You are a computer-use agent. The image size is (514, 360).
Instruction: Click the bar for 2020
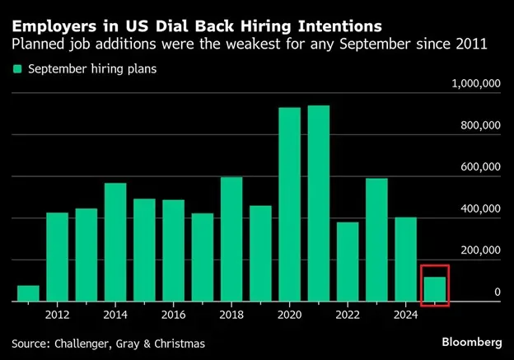[x=289, y=205]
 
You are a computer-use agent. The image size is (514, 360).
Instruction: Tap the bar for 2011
[x=29, y=294]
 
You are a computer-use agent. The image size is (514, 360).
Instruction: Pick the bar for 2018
[x=231, y=240]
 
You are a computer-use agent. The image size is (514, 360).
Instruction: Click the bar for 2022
[x=348, y=262]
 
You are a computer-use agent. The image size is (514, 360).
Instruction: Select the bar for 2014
[x=115, y=242]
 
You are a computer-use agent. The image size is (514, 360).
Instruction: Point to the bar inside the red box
[x=435, y=289]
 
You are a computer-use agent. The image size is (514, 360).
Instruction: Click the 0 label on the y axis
[x=498, y=292]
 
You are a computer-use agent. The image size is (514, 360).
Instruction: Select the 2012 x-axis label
[x=57, y=314]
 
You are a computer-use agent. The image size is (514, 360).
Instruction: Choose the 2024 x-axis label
[x=405, y=314]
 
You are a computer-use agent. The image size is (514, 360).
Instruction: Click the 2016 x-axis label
[x=173, y=314]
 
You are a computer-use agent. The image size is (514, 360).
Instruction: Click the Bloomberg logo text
[x=471, y=341]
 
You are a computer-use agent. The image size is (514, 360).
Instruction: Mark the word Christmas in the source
[x=176, y=342]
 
